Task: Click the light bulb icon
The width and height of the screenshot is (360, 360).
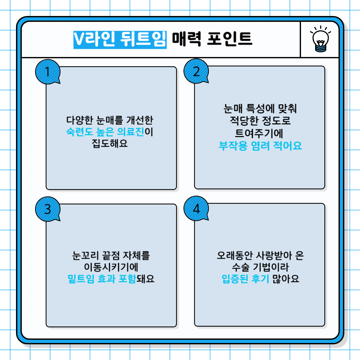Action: coord(320,40)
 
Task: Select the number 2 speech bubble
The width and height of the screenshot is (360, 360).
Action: coord(196,71)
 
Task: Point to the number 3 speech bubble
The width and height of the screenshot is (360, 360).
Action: coord(48,209)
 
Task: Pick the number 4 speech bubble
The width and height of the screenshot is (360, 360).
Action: coord(196,209)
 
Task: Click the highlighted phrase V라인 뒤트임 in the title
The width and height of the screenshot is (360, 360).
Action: coord(120,39)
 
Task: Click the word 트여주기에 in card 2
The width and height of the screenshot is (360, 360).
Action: coord(259,133)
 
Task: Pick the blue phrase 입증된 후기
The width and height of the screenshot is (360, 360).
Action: coord(245,279)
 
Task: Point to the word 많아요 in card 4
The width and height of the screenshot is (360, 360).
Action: coord(285,279)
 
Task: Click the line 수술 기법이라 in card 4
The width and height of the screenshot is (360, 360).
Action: coord(260,267)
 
